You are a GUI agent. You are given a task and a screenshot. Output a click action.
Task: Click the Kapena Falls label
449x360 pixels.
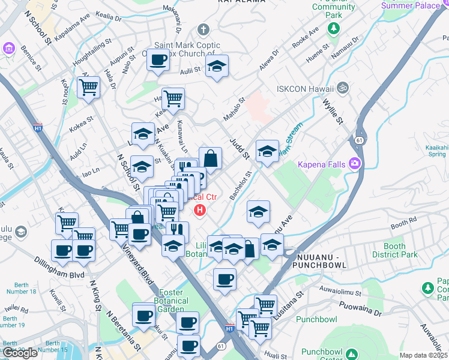pos(323,164)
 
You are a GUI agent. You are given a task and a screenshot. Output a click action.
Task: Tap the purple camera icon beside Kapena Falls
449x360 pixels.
pos(355,163)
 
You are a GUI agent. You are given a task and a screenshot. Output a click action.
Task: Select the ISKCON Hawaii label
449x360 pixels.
pos(304,89)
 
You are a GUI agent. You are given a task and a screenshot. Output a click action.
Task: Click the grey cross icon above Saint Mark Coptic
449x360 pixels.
pos(203,29)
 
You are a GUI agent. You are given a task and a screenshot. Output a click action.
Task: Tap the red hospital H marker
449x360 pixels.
pos(200,211)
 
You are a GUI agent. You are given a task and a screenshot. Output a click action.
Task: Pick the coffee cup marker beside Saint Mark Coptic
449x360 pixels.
pos(158,61)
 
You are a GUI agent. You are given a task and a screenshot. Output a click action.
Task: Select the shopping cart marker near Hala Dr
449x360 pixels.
pos(88,88)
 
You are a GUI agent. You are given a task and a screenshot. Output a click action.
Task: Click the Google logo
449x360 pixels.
pos(20,353)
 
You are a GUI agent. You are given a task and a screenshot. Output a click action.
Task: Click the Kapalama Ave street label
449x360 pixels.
pos(72,33)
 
